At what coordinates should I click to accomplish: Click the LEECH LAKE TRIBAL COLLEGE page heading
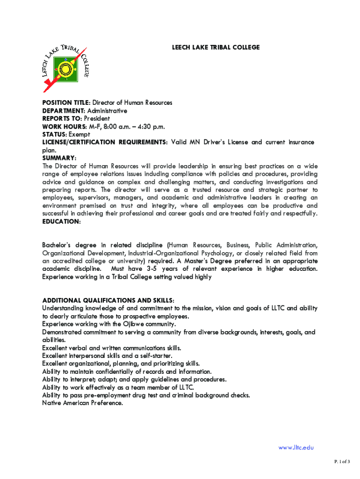(216, 48)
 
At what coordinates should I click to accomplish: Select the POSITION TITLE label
(65, 102)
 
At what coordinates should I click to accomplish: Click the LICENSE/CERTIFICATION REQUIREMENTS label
(104, 142)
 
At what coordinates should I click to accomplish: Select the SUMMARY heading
(59, 158)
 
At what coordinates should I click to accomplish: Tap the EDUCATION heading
(61, 222)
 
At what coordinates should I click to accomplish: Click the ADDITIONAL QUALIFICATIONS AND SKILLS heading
(108, 300)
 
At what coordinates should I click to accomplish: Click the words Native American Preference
(82, 403)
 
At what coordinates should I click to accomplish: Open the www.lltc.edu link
(295, 448)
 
